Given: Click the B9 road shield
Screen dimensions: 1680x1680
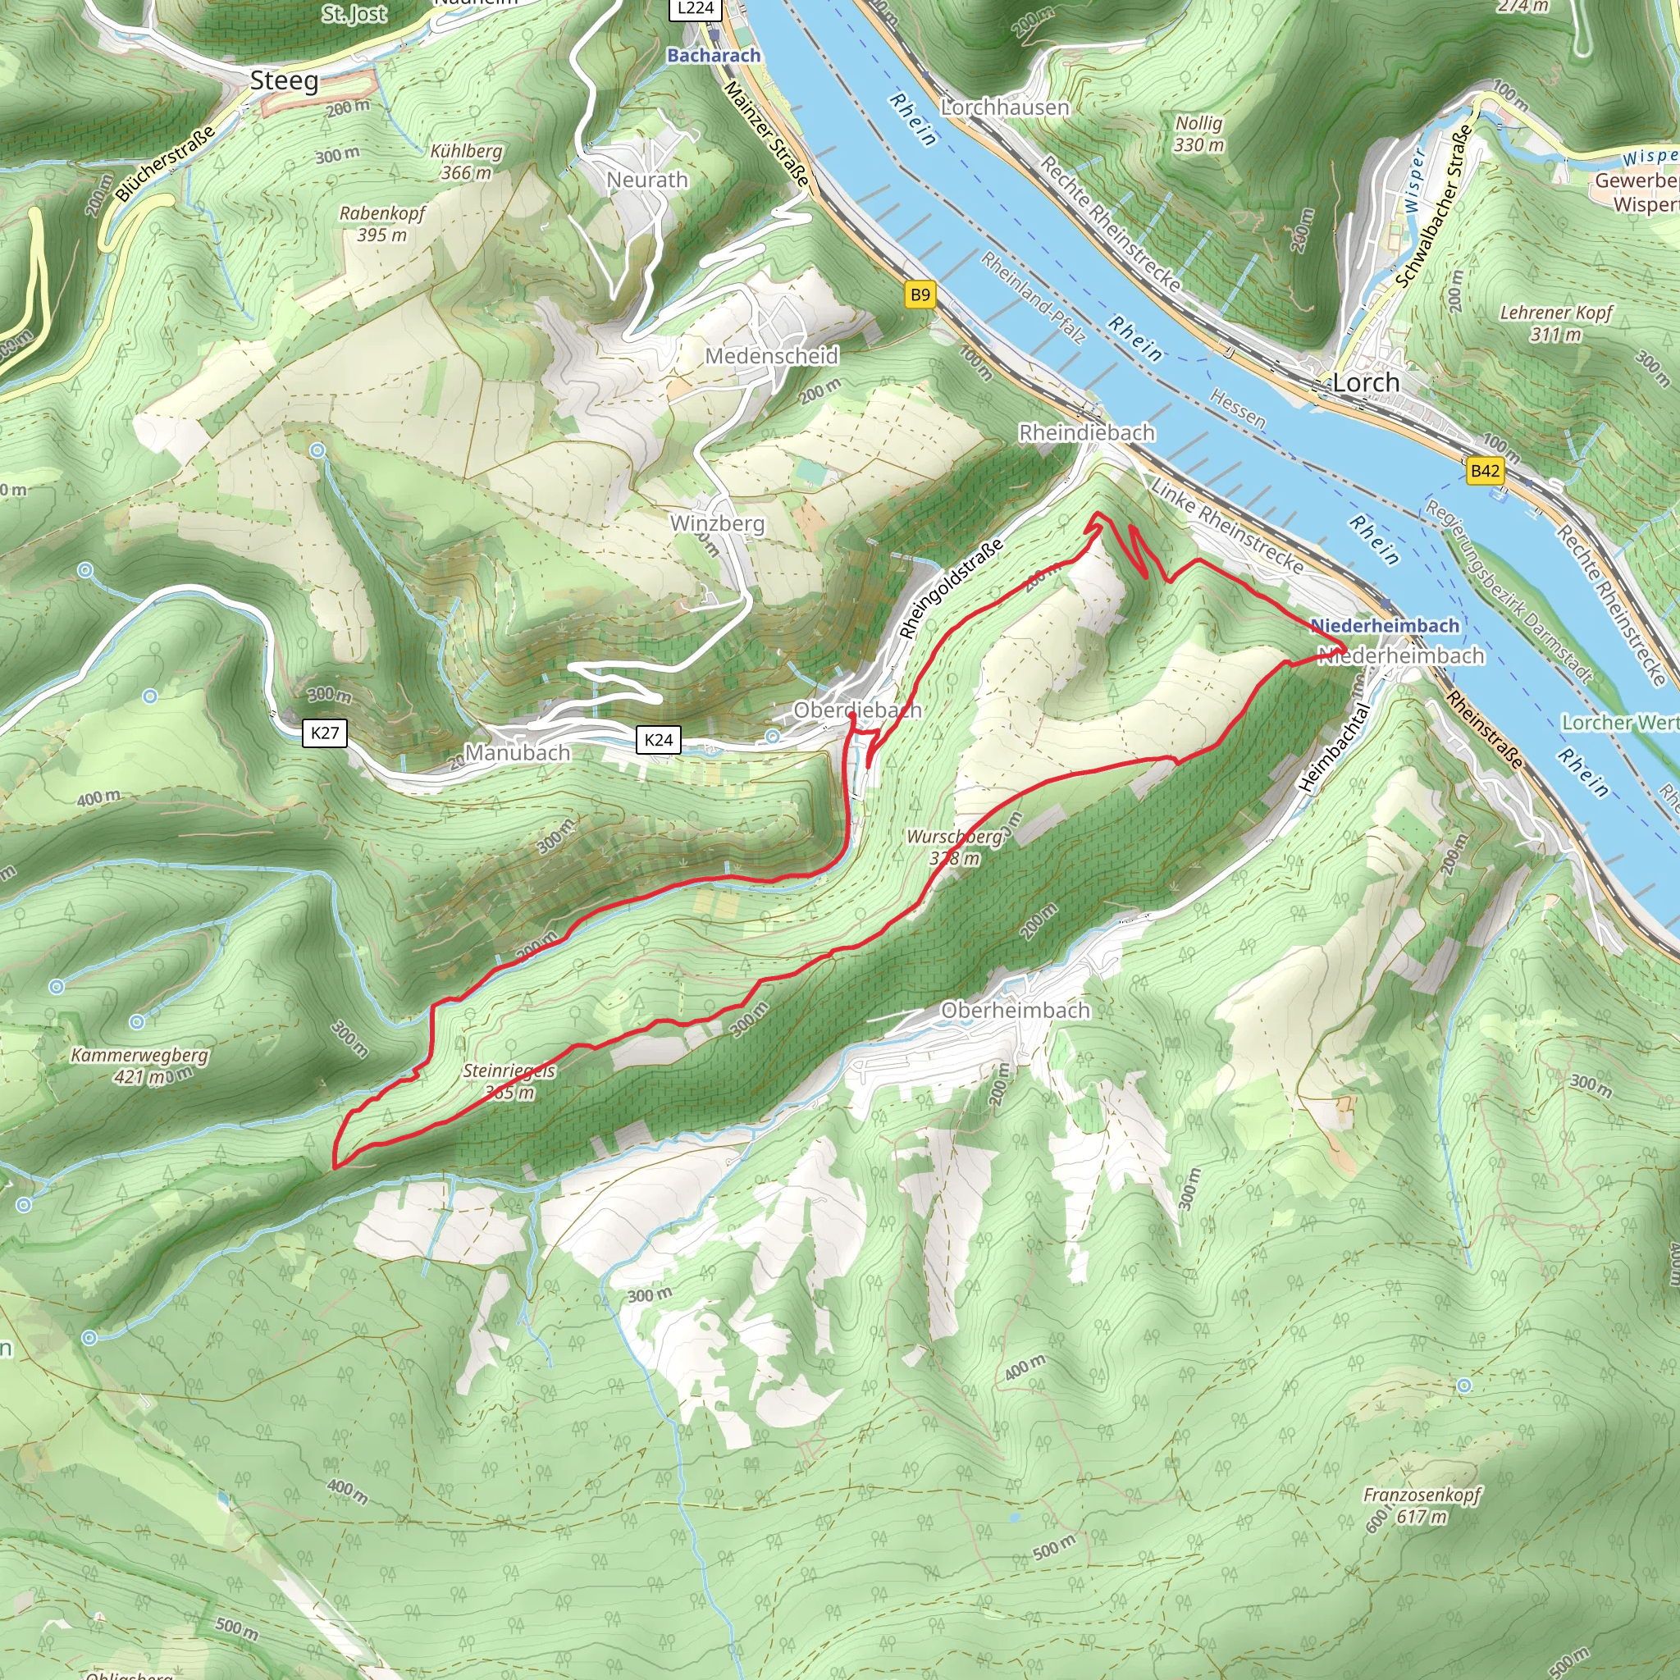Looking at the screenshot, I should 920,294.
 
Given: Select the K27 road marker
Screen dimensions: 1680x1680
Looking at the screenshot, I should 324,733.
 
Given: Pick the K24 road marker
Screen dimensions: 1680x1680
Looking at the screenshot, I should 658,740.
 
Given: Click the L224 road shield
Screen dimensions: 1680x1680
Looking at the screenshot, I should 695,9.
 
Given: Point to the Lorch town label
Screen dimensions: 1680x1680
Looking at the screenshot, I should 1366,382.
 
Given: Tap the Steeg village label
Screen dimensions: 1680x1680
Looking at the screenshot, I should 285,82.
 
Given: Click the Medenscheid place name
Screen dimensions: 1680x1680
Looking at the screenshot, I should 771,356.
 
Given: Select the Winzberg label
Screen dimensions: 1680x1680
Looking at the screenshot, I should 718,523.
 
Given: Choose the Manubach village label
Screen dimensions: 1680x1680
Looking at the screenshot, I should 518,753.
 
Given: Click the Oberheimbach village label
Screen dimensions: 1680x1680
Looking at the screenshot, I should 1015,1011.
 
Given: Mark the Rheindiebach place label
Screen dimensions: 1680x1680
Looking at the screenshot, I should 1087,432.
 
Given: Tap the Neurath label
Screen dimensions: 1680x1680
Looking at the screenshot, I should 647,180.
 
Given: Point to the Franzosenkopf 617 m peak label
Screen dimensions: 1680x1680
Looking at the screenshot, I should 1422,1505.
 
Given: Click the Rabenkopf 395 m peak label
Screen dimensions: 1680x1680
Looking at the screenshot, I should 381,223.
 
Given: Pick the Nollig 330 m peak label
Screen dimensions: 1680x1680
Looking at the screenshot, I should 1199,134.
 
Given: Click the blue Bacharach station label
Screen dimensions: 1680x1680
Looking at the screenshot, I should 714,56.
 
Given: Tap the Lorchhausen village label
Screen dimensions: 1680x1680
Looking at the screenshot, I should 1005,107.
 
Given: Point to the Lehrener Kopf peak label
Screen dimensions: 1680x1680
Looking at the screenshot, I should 1555,322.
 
